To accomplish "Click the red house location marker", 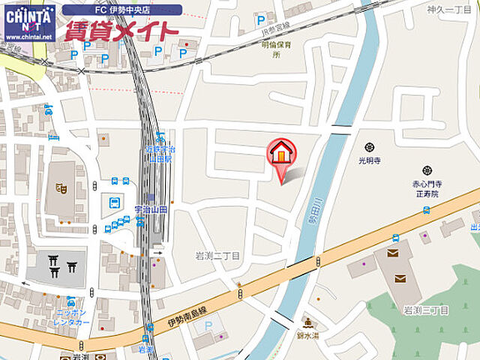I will tap(282, 154).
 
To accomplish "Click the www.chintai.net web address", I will tap(28, 36).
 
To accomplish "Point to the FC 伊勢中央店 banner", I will tap(121, 10).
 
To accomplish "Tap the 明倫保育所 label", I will tap(275, 49).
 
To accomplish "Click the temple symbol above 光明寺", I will tap(370, 148).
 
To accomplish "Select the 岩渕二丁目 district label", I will tap(217, 255).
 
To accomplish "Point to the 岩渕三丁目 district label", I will tap(425, 310).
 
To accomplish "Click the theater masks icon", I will tap(61, 189).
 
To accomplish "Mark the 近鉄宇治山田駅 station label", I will tap(158, 154).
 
